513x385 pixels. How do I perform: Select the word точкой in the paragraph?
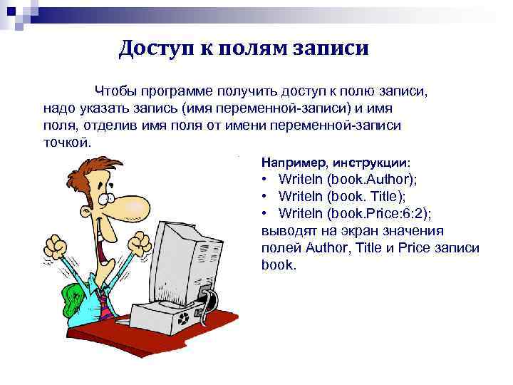click(66, 141)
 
